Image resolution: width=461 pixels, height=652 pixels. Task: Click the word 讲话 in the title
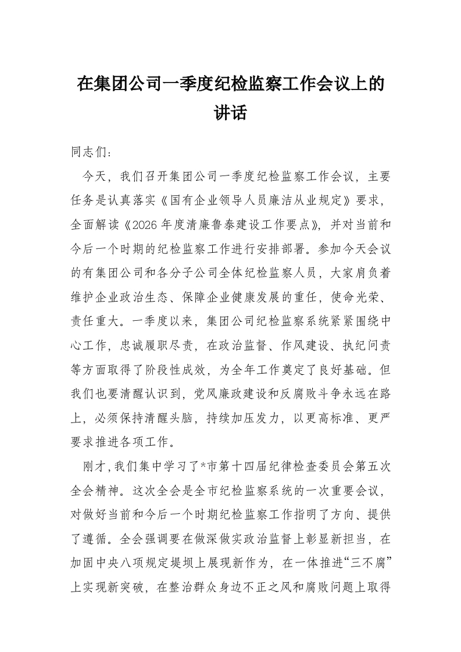231,112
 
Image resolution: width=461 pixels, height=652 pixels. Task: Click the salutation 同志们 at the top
87,153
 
